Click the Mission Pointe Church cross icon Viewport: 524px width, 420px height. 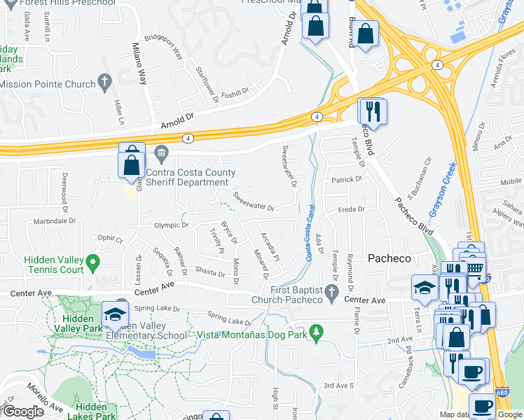[x=105, y=84]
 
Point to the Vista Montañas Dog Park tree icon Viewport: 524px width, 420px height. [x=316, y=331]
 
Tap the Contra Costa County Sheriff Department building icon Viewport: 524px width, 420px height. [x=161, y=153]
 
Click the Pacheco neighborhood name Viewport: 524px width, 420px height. [x=389, y=258]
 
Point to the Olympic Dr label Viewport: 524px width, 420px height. [x=172, y=225]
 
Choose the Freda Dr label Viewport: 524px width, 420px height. [x=352, y=209]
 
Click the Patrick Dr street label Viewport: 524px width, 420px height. [x=347, y=179]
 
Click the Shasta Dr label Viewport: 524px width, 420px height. [x=210, y=271]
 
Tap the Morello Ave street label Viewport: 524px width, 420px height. [x=45, y=398]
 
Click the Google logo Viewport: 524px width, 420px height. [x=23, y=412]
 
